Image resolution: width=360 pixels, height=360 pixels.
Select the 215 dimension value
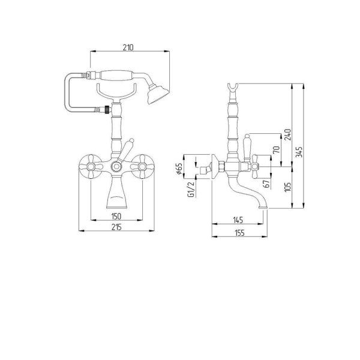point(117,227)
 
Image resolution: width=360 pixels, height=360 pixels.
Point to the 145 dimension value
point(238,220)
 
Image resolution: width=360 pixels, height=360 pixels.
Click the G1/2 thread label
point(190,188)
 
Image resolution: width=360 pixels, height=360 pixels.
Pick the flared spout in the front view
point(116,193)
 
